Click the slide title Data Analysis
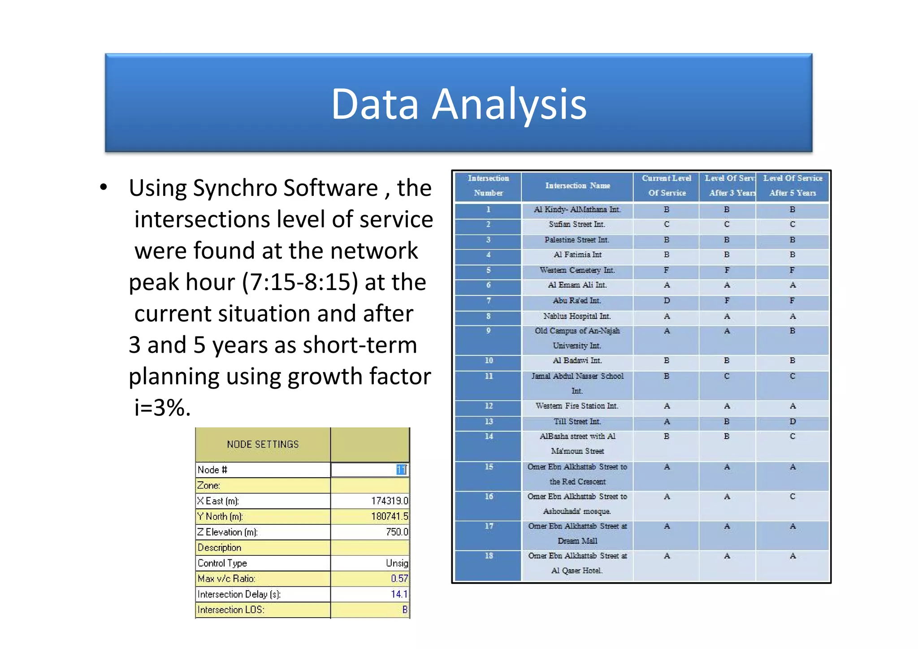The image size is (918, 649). (459, 104)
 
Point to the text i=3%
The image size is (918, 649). (163, 407)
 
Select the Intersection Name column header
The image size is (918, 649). (577, 186)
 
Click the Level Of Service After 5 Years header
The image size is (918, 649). (792, 186)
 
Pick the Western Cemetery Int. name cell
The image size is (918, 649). (577, 270)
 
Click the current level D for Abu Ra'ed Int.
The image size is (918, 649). (667, 300)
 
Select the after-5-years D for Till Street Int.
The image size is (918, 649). (792, 421)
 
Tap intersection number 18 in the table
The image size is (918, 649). (489, 556)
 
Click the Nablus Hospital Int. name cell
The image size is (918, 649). (577, 316)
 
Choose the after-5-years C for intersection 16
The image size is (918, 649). (792, 497)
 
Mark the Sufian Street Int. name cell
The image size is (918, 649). (577, 224)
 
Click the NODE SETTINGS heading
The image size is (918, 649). (263, 444)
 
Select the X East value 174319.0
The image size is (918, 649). (389, 501)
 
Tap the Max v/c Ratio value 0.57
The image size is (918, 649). (399, 579)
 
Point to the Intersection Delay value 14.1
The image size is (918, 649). (399, 594)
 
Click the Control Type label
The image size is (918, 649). (222, 563)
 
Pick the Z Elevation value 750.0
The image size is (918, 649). (397, 532)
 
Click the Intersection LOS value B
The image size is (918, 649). (404, 610)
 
